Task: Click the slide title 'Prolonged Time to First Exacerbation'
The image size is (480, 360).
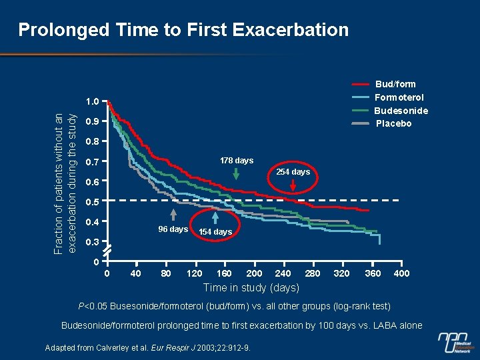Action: point(183,30)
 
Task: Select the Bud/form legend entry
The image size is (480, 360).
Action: point(395,84)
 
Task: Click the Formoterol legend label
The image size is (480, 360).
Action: point(399,97)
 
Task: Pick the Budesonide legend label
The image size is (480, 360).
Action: point(401,111)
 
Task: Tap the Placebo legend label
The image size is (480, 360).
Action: point(393,123)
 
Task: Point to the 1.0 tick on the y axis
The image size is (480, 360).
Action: point(92,101)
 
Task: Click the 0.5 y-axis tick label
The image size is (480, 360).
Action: point(92,201)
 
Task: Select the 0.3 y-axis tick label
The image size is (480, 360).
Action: point(92,241)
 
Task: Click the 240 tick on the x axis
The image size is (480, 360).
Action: point(283,273)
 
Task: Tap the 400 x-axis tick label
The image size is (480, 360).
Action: point(401,273)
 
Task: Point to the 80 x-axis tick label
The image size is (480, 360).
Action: point(166,273)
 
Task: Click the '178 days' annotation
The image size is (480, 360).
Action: point(237,161)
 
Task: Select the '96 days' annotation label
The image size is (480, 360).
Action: point(173,229)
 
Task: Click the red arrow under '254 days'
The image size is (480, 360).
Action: point(293,187)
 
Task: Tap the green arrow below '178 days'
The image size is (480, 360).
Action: point(237,173)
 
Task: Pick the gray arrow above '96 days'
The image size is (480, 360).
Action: point(173,215)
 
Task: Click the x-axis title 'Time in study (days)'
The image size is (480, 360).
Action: point(251,287)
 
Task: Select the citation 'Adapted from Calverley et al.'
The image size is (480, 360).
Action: point(147,348)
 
